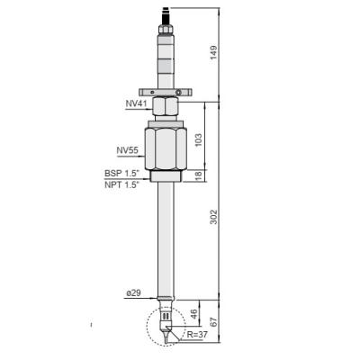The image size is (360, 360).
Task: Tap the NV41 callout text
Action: coord(138,104)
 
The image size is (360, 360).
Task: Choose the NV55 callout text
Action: coord(129,149)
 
